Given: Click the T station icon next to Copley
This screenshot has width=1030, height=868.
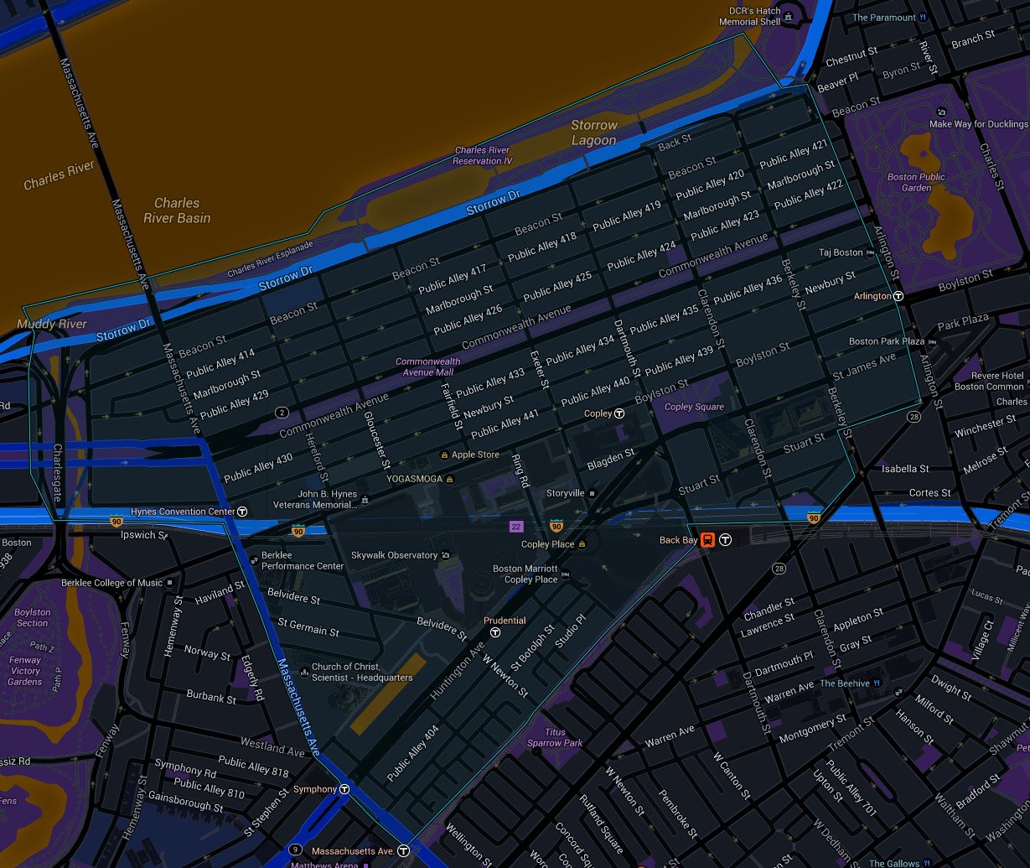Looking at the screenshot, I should (x=619, y=413).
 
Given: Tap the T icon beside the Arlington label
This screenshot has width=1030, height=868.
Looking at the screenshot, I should (x=898, y=296).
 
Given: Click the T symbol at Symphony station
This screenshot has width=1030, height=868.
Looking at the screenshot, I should (x=344, y=789).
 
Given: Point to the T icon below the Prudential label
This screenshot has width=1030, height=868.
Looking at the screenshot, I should (x=495, y=632).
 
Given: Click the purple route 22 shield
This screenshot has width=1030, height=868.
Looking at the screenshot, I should (x=517, y=526).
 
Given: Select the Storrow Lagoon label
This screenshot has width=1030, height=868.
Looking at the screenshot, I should (x=594, y=133).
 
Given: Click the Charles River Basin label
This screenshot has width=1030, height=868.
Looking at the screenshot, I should (x=177, y=211).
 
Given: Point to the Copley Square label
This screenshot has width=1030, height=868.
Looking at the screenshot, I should (x=694, y=407).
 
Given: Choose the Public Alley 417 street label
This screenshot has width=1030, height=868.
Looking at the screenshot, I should (x=453, y=278).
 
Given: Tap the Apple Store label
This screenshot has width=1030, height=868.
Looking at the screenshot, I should (x=475, y=455).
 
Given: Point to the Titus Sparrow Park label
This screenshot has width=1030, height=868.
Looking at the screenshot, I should (x=555, y=737).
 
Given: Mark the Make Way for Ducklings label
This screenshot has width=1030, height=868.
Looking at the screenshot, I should (x=978, y=124).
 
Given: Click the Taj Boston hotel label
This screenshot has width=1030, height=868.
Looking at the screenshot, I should (x=841, y=252).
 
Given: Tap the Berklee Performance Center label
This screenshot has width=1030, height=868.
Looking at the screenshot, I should (x=303, y=561).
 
